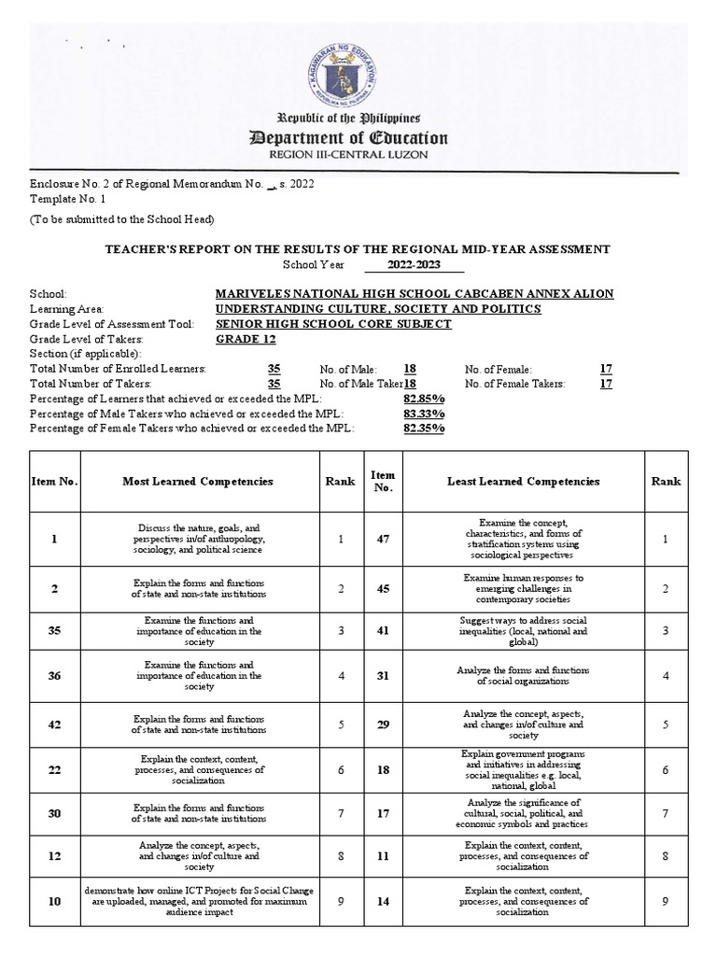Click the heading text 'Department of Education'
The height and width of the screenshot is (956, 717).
[x=346, y=138]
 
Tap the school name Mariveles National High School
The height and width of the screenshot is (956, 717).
[x=414, y=293]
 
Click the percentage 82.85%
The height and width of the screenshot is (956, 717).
[x=424, y=399]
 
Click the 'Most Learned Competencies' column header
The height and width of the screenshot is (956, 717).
[x=198, y=481]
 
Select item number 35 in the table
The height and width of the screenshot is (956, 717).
[x=55, y=632]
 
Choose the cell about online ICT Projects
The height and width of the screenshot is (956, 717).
[x=198, y=902]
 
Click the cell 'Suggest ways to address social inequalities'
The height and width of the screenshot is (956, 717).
[x=524, y=632]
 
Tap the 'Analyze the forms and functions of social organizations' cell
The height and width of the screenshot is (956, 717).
[x=524, y=677]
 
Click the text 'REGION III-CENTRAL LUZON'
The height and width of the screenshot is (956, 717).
[x=346, y=160]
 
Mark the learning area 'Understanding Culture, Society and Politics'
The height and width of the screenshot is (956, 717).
[x=377, y=308]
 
